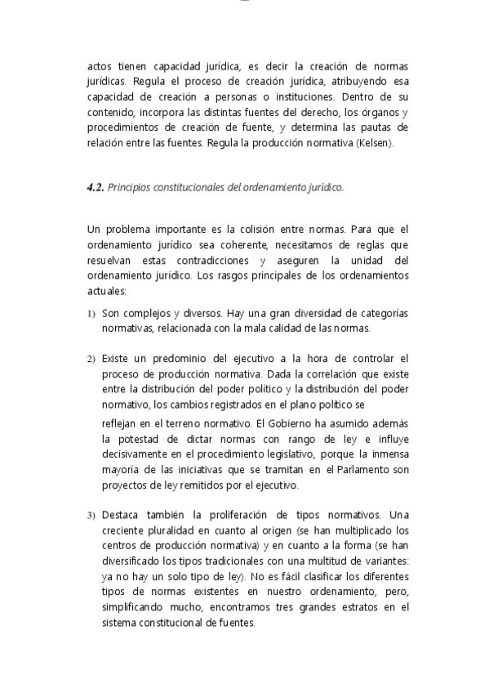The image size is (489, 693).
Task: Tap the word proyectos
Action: pos(122,485)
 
